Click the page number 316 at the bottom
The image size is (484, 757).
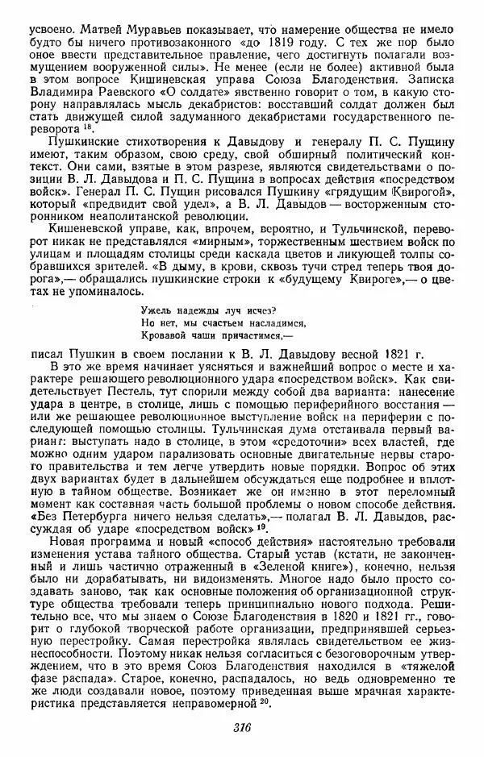[x=242, y=727]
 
